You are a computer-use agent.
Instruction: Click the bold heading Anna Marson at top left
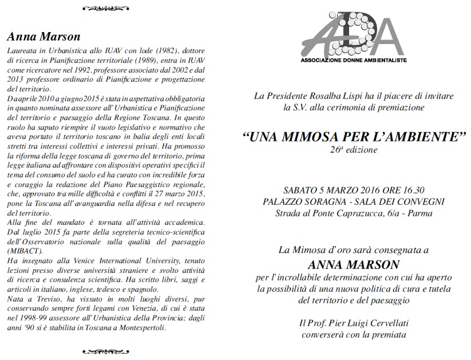[x=43, y=36]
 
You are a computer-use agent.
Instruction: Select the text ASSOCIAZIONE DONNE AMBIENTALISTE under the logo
[x=354, y=60]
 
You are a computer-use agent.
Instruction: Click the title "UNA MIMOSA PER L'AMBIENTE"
[x=354, y=137]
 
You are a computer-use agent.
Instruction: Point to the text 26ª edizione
[x=354, y=151]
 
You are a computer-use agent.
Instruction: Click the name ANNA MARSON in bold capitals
[x=354, y=265]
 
